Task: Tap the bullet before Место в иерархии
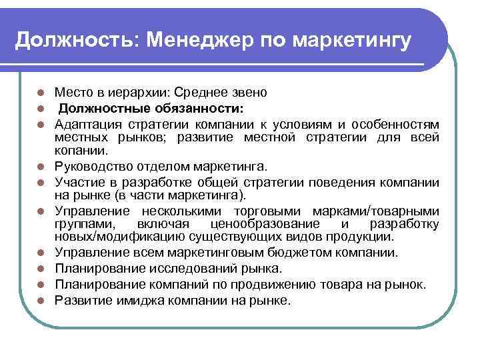click(41, 92)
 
